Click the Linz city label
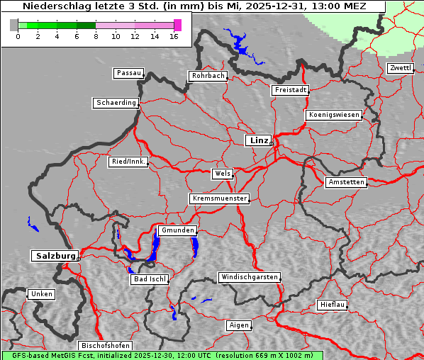click(258, 140)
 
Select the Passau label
click(128, 73)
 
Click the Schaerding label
click(116, 103)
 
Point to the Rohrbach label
click(208, 76)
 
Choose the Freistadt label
click(290, 90)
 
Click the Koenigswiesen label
click(334, 115)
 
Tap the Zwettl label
click(400, 68)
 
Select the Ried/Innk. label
click(128, 162)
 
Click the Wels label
click(222, 174)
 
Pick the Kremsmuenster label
click(219, 198)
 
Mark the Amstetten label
click(346, 182)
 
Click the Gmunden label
click(177, 230)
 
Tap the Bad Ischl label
click(150, 279)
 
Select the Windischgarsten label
click(249, 277)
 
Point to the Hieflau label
click(333, 305)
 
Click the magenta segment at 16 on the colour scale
click(178, 25)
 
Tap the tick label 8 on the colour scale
click(96, 35)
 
